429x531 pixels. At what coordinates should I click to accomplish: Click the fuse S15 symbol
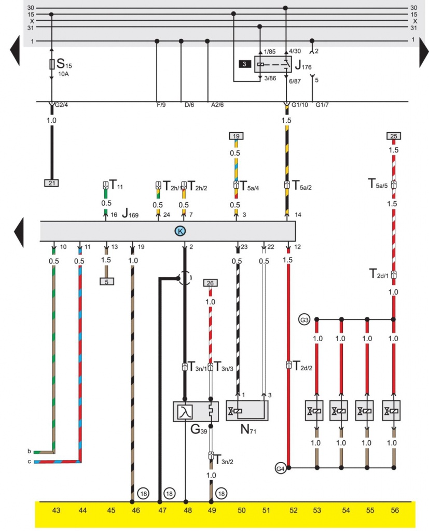(x=51, y=65)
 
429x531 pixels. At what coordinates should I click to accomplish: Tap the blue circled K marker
(x=180, y=231)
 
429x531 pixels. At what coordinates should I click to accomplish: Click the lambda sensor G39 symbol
(x=184, y=412)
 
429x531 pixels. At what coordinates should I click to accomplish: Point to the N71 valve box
(x=246, y=411)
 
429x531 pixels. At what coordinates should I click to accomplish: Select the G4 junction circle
(x=281, y=468)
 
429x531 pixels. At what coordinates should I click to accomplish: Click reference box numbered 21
(x=52, y=183)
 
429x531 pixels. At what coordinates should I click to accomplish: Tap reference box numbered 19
(x=236, y=136)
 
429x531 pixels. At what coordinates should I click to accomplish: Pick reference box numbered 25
(x=394, y=136)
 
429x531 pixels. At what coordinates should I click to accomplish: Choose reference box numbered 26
(x=210, y=283)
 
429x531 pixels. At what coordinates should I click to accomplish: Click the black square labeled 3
(x=244, y=64)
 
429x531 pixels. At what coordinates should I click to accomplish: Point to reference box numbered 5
(x=107, y=282)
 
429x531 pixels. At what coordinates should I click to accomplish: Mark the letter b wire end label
(x=30, y=451)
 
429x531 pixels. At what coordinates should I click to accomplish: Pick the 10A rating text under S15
(x=64, y=74)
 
